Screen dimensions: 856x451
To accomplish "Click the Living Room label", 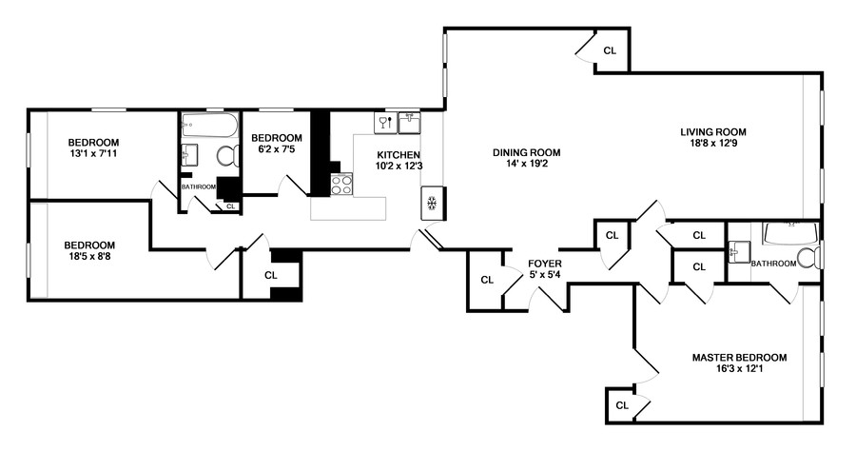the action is (x=712, y=132).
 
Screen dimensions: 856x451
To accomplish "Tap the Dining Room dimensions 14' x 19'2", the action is (x=526, y=165).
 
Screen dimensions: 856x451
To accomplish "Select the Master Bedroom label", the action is (x=739, y=358).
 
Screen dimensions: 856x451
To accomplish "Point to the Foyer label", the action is (x=546, y=263).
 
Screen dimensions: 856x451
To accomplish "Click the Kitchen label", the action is (x=399, y=154).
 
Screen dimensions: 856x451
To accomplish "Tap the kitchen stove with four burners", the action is (x=341, y=185).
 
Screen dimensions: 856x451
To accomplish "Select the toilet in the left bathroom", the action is (x=227, y=156).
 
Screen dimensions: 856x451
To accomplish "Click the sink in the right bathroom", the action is (x=738, y=252).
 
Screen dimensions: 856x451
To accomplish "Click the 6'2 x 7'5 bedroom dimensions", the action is (x=277, y=149).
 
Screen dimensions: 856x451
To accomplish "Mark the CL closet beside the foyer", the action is (x=487, y=280).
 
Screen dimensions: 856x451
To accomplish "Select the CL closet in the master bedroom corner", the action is (x=622, y=405).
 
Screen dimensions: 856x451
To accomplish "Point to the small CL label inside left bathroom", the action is (x=230, y=206).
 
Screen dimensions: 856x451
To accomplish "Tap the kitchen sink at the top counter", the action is (x=409, y=121).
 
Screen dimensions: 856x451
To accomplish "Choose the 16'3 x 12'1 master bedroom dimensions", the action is (x=739, y=369).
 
